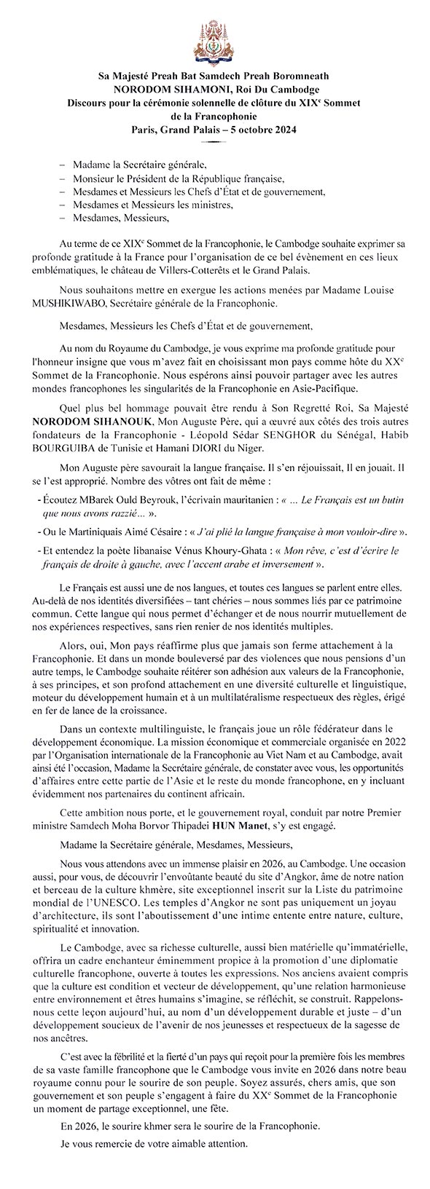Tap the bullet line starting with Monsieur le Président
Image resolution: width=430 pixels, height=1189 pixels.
[x=178, y=178]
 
